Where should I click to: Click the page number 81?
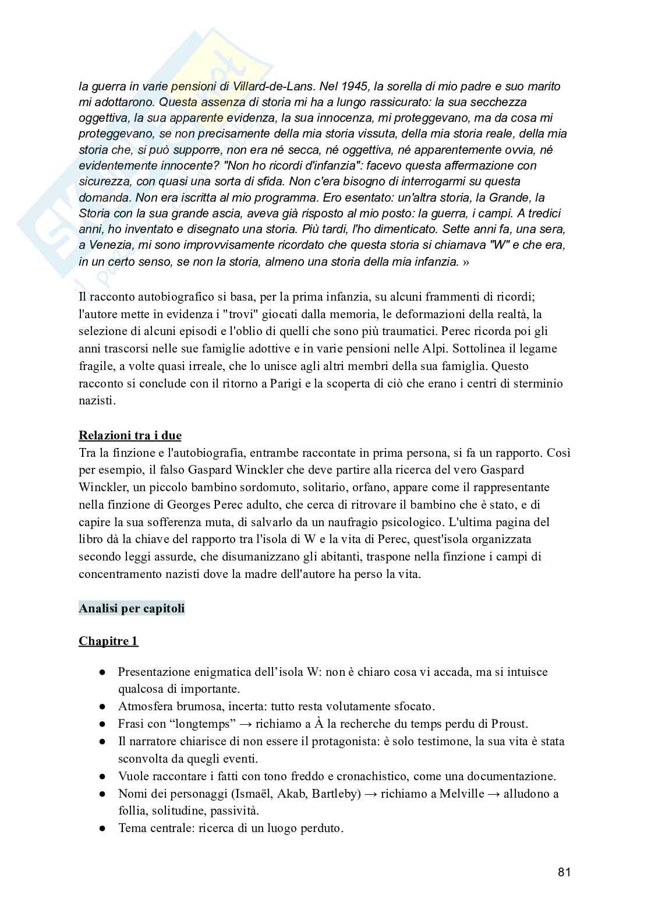pyautogui.click(x=564, y=872)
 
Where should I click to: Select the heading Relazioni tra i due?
pyautogui.click(x=130, y=435)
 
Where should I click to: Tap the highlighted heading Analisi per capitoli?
pyautogui.click(x=132, y=608)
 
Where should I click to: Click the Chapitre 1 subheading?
pyautogui.click(x=108, y=641)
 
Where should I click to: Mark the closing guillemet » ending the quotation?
pyautogui.click(x=465, y=262)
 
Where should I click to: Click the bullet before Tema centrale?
pyautogui.click(x=102, y=828)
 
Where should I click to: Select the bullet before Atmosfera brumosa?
pyautogui.click(x=102, y=707)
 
